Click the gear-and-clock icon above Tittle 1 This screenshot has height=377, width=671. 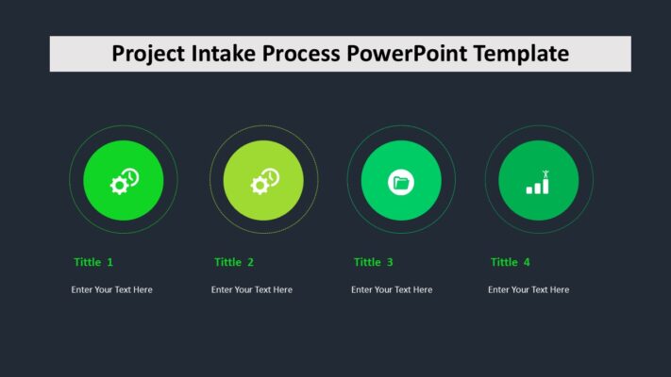(x=124, y=181)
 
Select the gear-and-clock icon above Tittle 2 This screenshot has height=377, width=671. (x=264, y=181)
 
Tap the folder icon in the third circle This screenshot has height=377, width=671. (x=401, y=182)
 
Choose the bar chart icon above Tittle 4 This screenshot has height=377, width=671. (x=538, y=182)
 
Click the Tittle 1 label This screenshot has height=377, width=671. (x=93, y=262)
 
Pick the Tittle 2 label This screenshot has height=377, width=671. (x=234, y=262)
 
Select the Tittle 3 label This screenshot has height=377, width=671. (x=374, y=262)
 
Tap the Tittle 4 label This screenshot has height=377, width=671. (x=511, y=262)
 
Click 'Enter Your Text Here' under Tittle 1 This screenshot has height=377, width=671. (x=111, y=289)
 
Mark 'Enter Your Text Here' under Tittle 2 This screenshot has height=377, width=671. (x=252, y=289)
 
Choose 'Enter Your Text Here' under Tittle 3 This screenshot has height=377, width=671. (x=392, y=289)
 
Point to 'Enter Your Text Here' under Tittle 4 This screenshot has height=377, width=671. (x=528, y=289)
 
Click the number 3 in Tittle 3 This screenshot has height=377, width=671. (x=390, y=262)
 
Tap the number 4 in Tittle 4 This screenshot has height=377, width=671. (x=527, y=262)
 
